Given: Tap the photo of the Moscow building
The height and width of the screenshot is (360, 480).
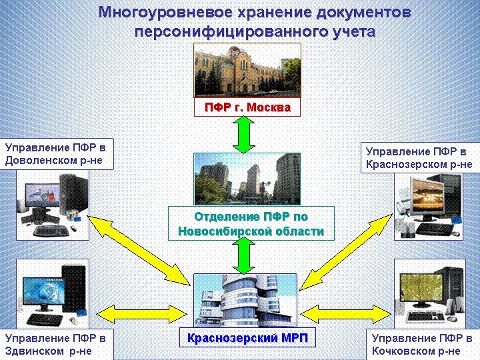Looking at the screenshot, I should pyautogui.click(x=247, y=70).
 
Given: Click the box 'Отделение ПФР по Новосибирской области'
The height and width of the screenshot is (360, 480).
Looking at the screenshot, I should pyautogui.click(x=247, y=224).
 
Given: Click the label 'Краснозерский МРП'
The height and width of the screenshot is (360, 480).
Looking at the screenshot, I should pyautogui.click(x=247, y=338).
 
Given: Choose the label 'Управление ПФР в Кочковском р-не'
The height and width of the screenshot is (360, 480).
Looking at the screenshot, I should pyautogui.click(x=421, y=344).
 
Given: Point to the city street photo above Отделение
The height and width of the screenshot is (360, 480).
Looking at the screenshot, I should pyautogui.click(x=247, y=179).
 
